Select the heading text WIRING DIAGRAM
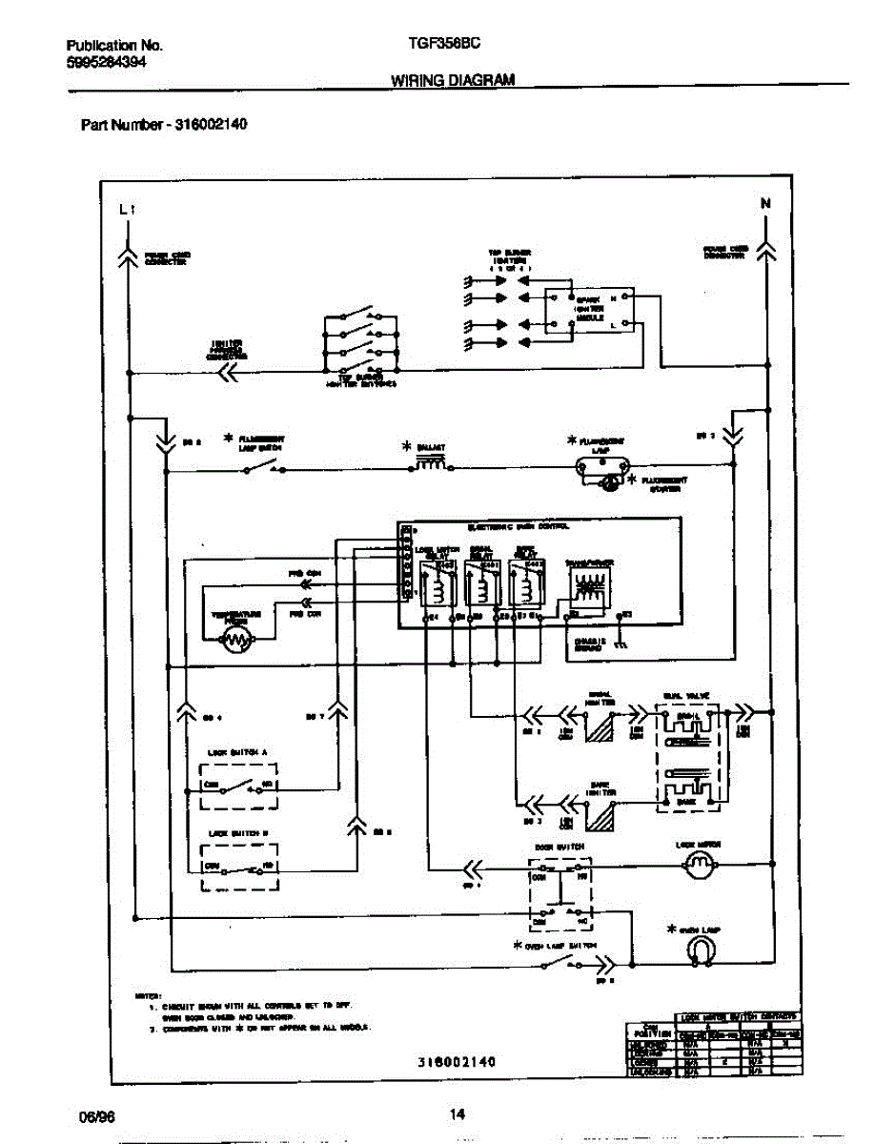coord(453,81)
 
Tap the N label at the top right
coord(765,203)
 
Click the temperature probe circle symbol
coord(234,642)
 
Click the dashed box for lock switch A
coord(240,787)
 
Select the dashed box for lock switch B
coord(240,867)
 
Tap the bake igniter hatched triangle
coord(603,813)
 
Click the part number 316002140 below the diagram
coord(458,1061)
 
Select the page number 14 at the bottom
coord(457,1113)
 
